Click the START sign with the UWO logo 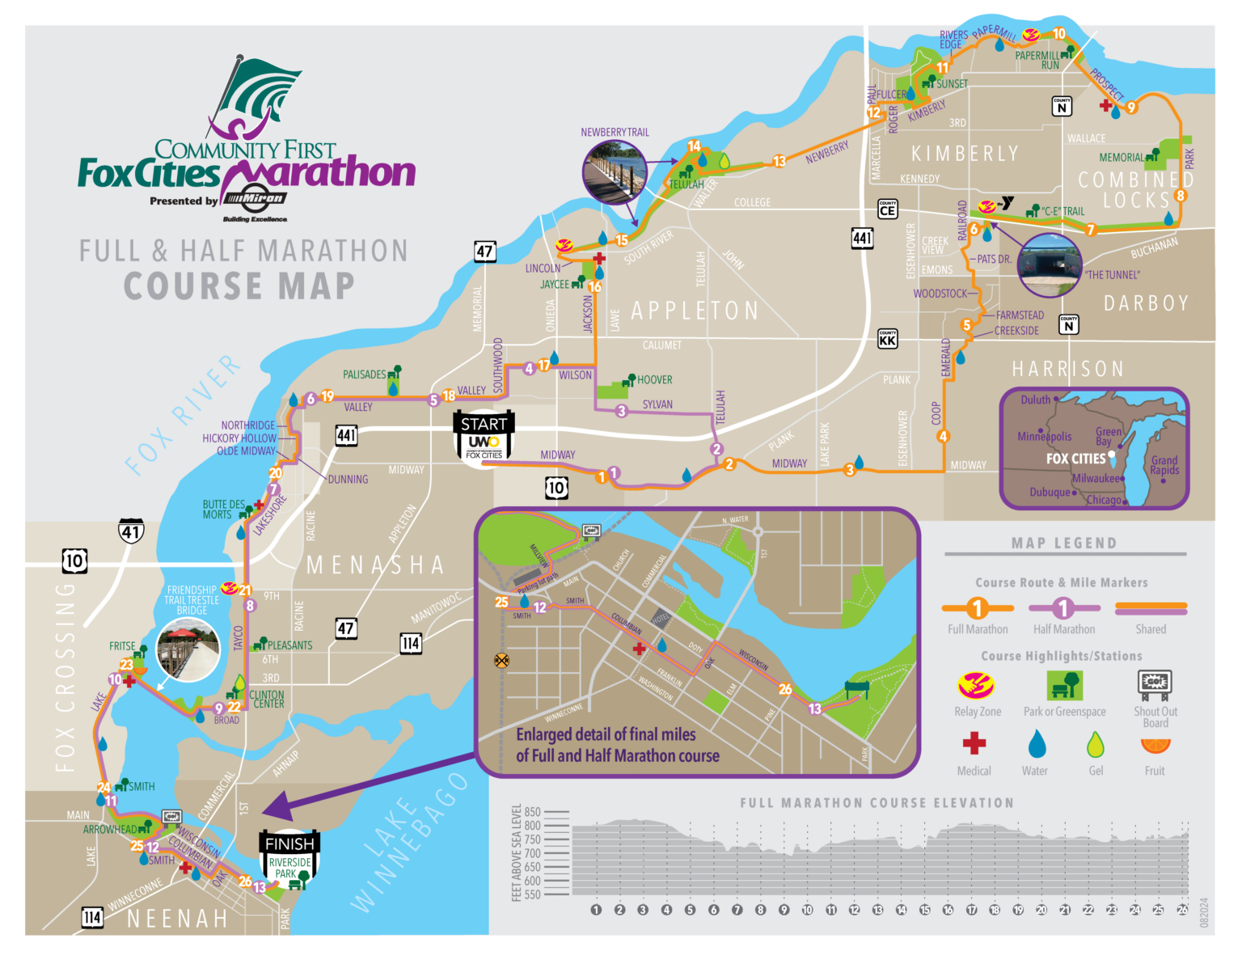[x=484, y=437]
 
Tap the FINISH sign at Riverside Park [x=289, y=857]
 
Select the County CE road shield [x=887, y=209]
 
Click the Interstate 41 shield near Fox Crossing [x=131, y=531]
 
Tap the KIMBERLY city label [x=964, y=154]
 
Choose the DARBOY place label [x=1147, y=303]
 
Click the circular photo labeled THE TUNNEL [x=1050, y=265]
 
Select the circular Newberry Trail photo [x=614, y=171]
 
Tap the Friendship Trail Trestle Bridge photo [x=189, y=650]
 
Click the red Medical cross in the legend [x=974, y=743]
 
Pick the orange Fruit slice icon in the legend [x=1155, y=745]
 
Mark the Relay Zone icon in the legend [x=977, y=686]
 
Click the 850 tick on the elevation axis [x=532, y=812]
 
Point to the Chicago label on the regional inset [x=1104, y=500]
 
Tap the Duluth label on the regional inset [x=1035, y=400]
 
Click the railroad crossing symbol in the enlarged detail [x=501, y=661]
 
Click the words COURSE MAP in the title [x=239, y=286]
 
